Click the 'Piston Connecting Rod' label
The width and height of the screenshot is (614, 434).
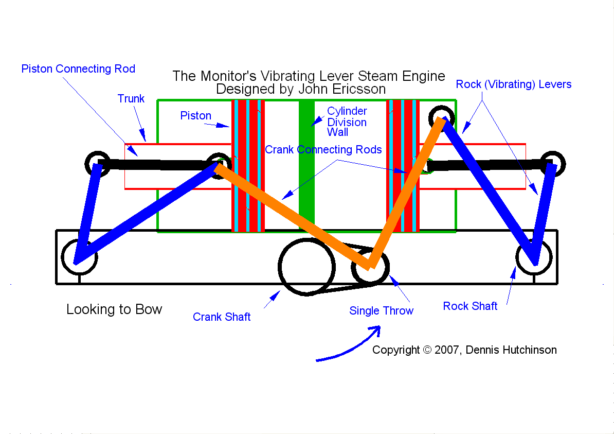click(x=78, y=69)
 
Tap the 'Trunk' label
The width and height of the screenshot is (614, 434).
click(x=131, y=99)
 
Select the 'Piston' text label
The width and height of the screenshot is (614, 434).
click(x=195, y=116)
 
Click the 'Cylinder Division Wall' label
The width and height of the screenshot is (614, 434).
click(x=347, y=122)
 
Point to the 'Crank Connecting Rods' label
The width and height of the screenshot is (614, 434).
click(x=323, y=150)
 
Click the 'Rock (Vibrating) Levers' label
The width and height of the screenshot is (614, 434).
click(x=513, y=84)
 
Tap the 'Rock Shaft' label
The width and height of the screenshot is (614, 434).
click(x=470, y=306)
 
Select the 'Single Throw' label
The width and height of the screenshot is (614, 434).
click(x=381, y=311)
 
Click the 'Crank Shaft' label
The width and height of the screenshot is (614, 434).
click(x=222, y=317)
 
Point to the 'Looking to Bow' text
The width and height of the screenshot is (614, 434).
click(x=114, y=309)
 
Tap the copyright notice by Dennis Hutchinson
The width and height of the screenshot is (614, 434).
click(x=464, y=350)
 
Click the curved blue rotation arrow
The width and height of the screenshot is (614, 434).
click(x=350, y=345)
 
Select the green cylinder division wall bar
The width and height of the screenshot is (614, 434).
click(x=306, y=165)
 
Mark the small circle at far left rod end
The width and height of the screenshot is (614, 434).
click(x=97, y=164)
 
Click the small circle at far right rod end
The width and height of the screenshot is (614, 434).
click(x=552, y=164)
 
